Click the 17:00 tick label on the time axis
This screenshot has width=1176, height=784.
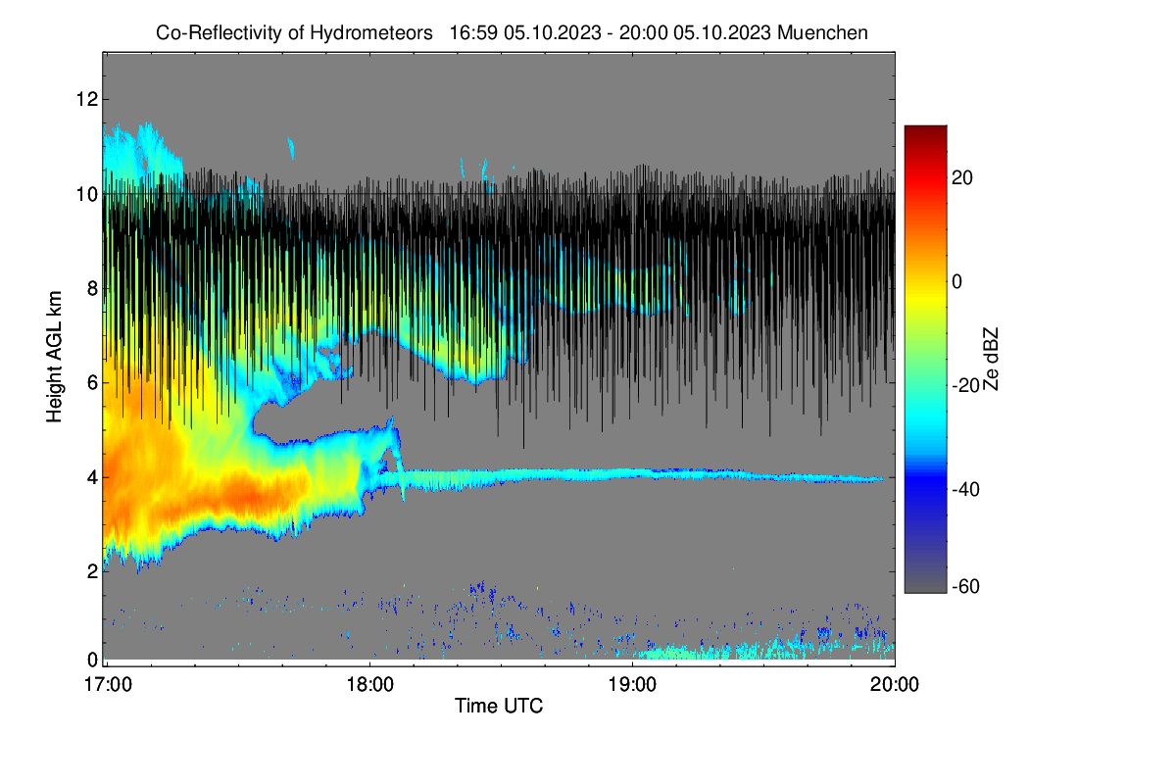pos(108,685)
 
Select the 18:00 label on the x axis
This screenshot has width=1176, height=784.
pos(370,685)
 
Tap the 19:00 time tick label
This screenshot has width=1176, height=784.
pos(632,685)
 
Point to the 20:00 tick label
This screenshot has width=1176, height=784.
pos(895,685)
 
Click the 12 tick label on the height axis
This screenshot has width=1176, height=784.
pos(87,99)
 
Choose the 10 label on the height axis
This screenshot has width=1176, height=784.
pos(87,194)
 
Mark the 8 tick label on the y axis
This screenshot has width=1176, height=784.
pos(92,288)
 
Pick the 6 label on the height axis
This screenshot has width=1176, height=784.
pos(92,383)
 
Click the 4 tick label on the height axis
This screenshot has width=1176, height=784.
pos(92,477)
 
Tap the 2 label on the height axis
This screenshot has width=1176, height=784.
pos(92,571)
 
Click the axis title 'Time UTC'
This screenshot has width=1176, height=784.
pos(499,706)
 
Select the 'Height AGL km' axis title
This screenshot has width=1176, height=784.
pos(54,357)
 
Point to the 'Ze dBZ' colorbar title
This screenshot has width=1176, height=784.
pos(990,359)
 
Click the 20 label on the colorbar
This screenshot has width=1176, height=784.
pos(961,178)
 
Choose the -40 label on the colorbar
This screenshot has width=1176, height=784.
pos(965,489)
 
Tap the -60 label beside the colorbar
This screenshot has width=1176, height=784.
pos(965,587)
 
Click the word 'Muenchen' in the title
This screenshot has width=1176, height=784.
pos(822,32)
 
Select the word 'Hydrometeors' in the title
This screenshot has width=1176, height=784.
pos(371,33)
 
